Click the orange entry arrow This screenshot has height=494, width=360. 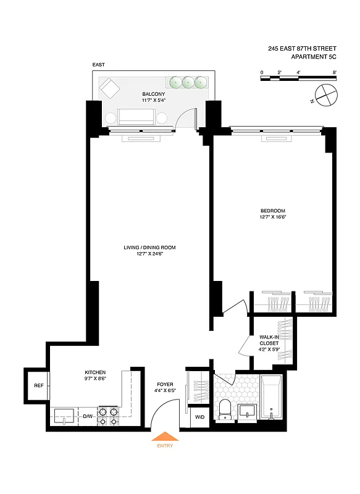pos(164,437)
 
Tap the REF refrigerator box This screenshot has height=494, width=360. pos(38,386)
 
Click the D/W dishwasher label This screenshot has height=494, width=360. pos(88,417)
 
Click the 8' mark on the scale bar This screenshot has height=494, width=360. pos(334,72)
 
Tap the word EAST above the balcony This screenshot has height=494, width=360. pos(99,64)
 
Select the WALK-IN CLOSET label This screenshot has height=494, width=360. pos(269,340)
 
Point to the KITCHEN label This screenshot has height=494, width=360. pos(95,372)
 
